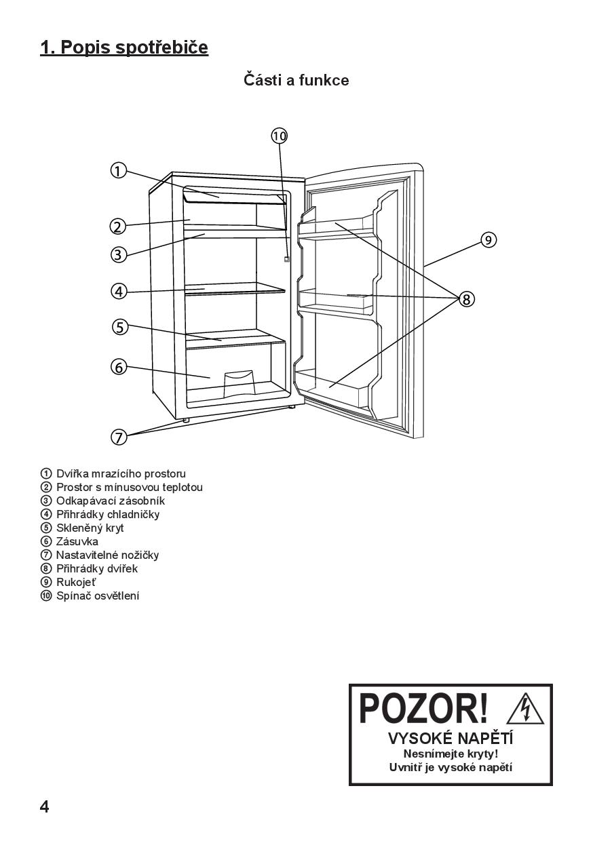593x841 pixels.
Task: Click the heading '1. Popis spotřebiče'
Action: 124,48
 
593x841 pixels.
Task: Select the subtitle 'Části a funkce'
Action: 296,80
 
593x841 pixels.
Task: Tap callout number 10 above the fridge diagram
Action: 280,136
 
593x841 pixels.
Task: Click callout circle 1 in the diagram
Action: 118,171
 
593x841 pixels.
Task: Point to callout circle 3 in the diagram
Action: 118,255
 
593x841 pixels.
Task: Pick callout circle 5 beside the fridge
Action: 120,327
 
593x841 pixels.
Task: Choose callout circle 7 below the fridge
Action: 119,437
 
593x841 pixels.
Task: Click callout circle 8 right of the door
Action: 466,299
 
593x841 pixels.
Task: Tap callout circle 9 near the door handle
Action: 489,239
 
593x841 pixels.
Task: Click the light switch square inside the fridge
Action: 287,259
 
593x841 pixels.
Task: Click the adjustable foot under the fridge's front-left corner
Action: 185,421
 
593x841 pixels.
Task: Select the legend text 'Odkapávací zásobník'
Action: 111,501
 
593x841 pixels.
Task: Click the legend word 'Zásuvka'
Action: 77,541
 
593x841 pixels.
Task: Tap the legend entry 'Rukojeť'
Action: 76,582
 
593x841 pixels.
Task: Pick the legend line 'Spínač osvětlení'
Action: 98,595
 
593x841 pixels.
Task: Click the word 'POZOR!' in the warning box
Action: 423,709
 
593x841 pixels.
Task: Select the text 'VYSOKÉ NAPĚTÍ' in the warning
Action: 451,738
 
